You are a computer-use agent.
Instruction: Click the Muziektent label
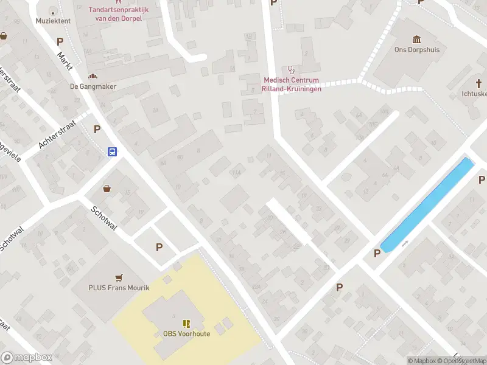click(53, 21)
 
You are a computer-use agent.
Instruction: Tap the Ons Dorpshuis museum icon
click(417, 39)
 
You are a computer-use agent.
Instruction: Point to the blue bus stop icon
click(113, 151)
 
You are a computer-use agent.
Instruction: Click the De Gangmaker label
click(93, 86)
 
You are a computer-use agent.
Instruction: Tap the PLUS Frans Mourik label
click(119, 288)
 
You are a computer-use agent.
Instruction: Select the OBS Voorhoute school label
click(186, 334)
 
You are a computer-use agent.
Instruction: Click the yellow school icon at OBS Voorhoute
click(186, 323)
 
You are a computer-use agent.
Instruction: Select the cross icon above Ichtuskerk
click(479, 83)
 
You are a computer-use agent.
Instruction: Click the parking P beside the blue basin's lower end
click(377, 253)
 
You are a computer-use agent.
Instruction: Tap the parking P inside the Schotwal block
click(159, 247)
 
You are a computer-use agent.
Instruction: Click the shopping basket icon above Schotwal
click(107, 188)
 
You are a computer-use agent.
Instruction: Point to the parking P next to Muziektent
click(60, 42)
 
